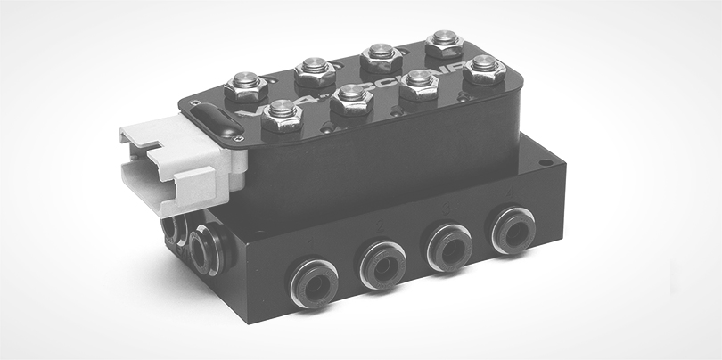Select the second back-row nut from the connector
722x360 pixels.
click(314, 69)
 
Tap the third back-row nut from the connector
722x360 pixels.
click(381, 55)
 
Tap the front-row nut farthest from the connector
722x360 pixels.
click(483, 68)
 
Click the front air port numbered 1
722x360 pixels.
click(315, 282)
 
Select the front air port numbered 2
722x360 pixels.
click(382, 265)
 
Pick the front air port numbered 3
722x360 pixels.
click(448, 246)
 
